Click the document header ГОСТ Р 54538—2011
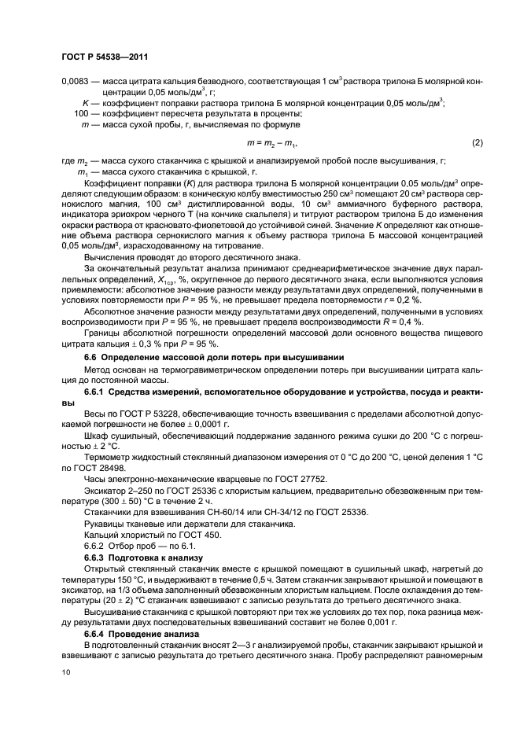tap(104, 56)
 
